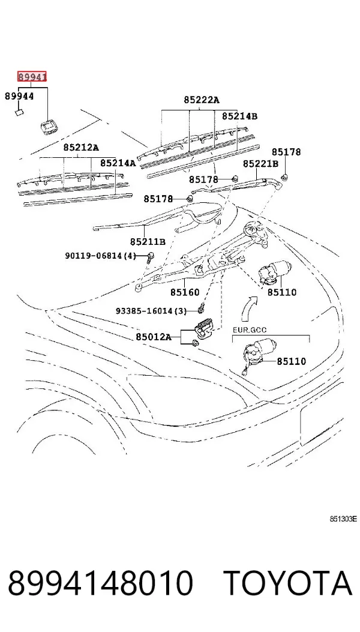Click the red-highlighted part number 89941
[32, 76]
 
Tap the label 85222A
[202, 100]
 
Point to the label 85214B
[239, 116]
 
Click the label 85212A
[80, 148]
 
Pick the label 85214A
[118, 163]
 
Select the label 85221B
[260, 164]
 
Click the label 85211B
[148, 241]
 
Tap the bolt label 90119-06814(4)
[101, 255]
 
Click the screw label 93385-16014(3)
[152, 311]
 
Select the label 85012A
[153, 337]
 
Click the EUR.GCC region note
[250, 330]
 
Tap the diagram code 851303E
[343, 519]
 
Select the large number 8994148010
[100, 583]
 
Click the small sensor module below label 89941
[49, 127]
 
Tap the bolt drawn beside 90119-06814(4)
[151, 256]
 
